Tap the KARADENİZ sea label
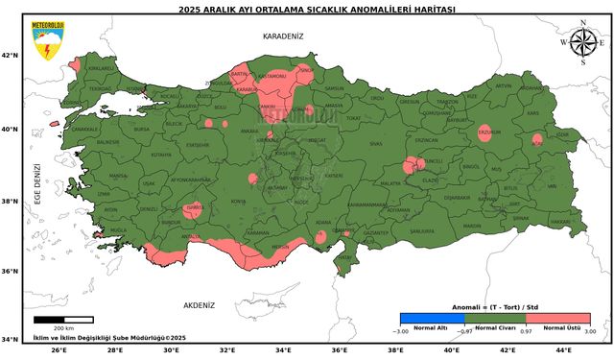283,36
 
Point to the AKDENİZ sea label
199,304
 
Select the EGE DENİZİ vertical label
39,184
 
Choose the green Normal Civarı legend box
494,318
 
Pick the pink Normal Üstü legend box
557,318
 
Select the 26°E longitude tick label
58,350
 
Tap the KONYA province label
237,202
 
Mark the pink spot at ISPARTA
193,209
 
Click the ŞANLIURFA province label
422,231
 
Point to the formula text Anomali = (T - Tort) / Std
494,307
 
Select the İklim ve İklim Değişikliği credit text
109,338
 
